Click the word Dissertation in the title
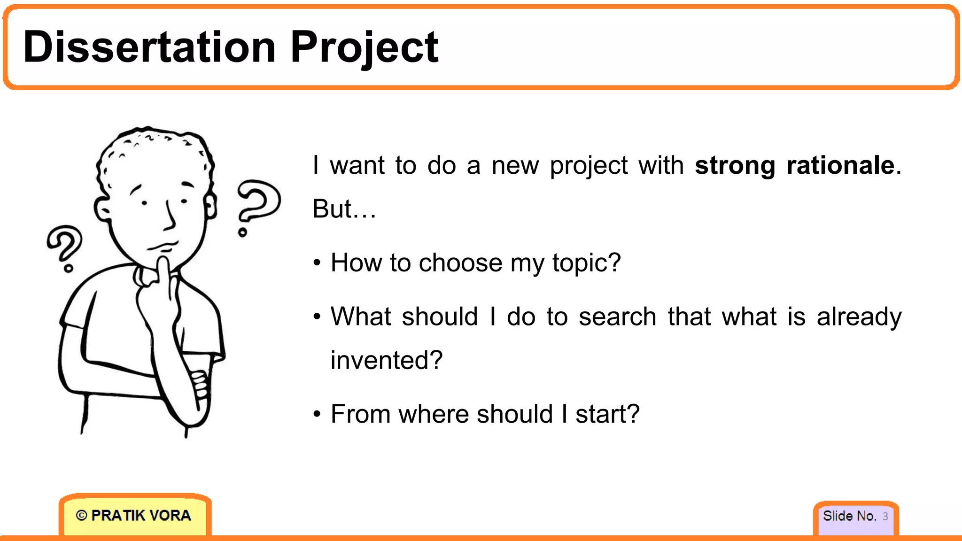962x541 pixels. coord(149,47)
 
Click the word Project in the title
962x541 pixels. coord(364,48)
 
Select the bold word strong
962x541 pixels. coord(735,166)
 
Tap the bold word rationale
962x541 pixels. coord(840,165)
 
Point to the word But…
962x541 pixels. coord(344,209)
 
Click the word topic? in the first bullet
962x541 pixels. coord(586,263)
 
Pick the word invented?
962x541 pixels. coord(387,361)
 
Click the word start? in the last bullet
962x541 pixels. coord(607,415)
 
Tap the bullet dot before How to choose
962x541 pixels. coord(318,263)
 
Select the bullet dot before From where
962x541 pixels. coord(318,415)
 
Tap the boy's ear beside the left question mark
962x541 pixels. coord(102,209)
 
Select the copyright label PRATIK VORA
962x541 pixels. coord(134,516)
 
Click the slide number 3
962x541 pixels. coord(885,516)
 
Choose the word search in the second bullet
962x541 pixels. coord(617,317)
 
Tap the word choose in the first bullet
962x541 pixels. coord(460,263)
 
